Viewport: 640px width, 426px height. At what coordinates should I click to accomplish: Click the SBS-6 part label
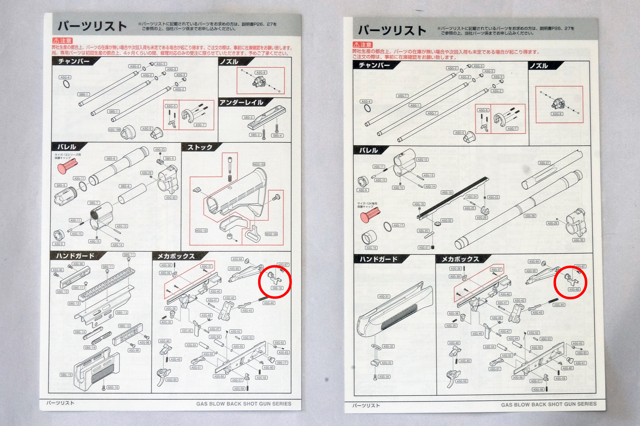111,158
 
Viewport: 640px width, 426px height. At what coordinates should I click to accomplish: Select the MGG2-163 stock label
259,164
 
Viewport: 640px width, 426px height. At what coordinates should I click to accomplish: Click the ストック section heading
200,147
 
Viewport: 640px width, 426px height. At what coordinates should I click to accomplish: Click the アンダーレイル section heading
241,103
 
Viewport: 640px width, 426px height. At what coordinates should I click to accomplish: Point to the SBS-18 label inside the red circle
277,288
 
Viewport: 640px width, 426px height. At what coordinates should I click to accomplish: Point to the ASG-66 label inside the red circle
574,290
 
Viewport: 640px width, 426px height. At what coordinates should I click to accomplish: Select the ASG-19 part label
447,193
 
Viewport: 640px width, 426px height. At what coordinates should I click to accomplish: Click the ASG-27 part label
544,163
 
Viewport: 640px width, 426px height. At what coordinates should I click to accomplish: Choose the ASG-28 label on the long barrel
530,216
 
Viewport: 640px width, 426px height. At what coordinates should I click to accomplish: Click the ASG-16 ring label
371,248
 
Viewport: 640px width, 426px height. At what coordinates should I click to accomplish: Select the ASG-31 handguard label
383,297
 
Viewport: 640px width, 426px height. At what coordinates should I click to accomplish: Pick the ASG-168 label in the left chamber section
114,130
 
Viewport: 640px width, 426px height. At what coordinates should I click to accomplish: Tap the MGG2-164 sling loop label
271,234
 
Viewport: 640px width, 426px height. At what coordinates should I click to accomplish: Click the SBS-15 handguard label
66,375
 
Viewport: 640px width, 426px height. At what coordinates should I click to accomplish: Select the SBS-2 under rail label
248,117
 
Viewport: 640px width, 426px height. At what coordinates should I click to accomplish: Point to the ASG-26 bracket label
481,218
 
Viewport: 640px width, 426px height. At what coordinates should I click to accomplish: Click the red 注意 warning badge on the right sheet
363,45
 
